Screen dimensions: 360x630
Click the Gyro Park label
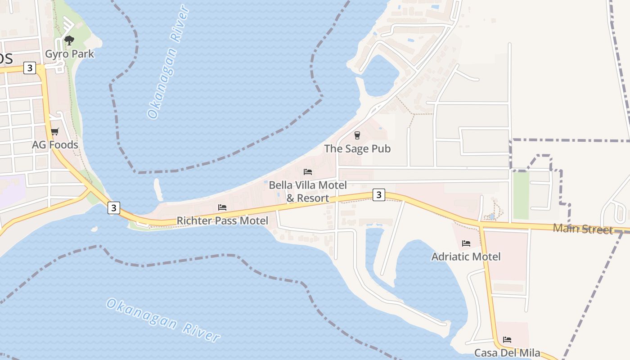69,54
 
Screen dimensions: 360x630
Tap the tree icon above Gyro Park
69,41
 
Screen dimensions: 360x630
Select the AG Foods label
55,145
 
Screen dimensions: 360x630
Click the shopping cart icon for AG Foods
55,132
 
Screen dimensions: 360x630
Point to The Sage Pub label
357,148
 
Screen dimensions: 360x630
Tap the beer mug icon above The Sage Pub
357,135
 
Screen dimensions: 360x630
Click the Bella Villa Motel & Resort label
308,191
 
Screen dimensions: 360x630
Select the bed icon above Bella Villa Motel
308,172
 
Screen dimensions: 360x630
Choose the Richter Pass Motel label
222,220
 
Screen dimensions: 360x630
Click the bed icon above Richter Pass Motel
222,207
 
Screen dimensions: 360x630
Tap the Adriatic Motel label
466,256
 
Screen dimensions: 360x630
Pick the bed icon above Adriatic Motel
466,243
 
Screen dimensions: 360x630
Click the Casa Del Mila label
507,353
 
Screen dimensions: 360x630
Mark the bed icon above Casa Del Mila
507,340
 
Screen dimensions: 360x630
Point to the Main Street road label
583,229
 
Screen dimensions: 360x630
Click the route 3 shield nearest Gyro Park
30,68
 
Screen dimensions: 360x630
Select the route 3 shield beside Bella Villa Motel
379,195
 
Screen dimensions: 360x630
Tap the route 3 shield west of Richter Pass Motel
114,207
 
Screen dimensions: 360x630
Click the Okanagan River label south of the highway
163,319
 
